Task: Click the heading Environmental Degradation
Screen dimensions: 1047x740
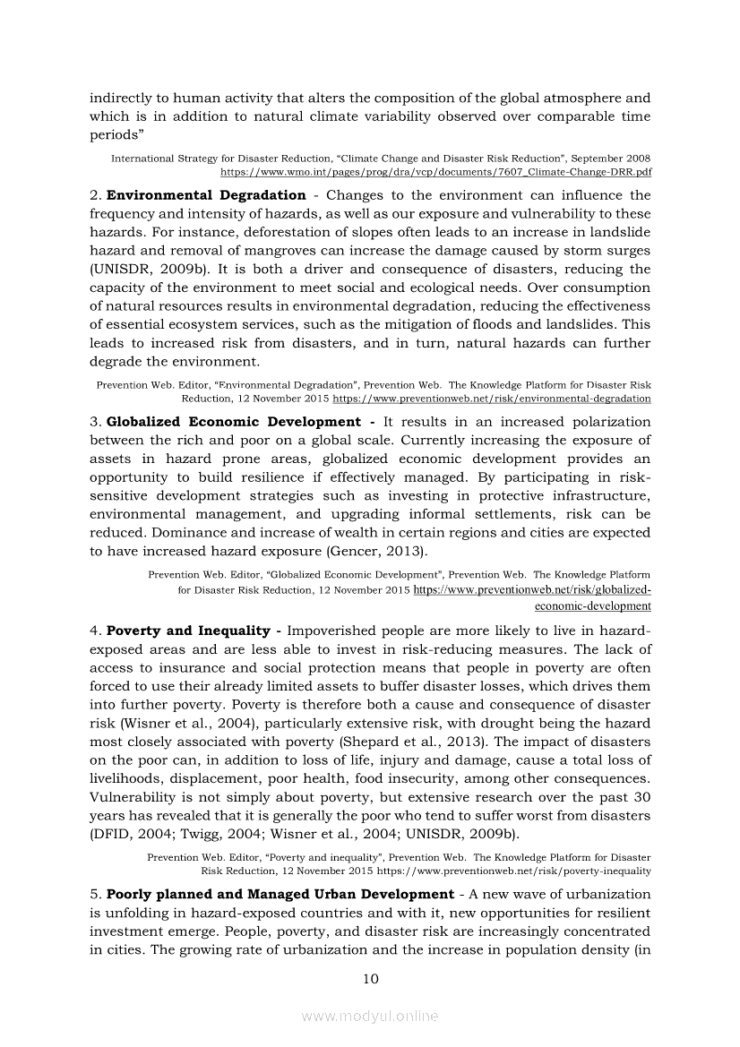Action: click(206, 195)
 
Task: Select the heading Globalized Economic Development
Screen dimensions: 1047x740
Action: click(233, 422)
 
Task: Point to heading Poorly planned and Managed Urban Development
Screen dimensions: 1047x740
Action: click(280, 895)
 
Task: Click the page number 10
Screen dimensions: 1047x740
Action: click(370, 979)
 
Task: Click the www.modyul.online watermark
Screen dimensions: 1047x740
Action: click(370, 1017)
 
